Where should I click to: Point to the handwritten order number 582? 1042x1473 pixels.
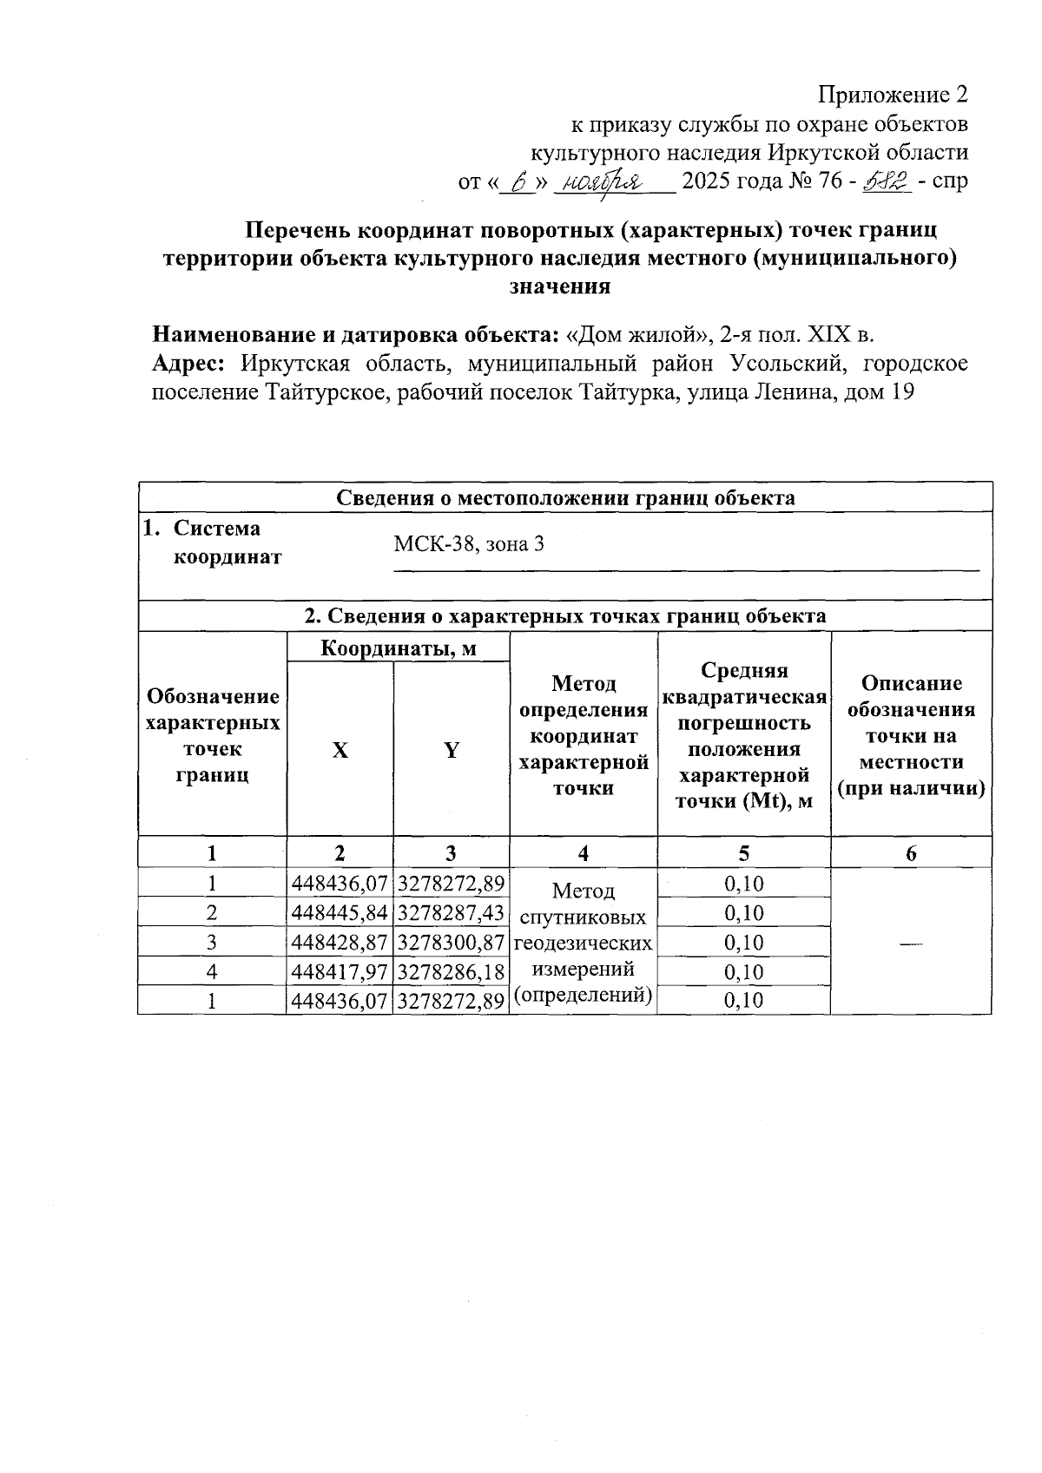pyautogui.click(x=885, y=181)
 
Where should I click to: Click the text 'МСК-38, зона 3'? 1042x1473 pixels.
pyautogui.click(x=469, y=544)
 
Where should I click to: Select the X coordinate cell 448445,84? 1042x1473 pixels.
pyautogui.click(x=340, y=913)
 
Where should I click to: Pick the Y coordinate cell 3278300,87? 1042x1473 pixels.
pyautogui.click(x=452, y=943)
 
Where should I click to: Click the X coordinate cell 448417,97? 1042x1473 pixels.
pyautogui.click(x=340, y=972)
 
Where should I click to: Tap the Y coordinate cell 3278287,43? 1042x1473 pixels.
pyautogui.click(x=452, y=913)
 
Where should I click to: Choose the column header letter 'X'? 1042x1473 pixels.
pyautogui.click(x=340, y=751)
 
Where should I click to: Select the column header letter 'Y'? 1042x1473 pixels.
pyautogui.click(x=452, y=751)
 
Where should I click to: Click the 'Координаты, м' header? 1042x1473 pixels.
pyautogui.click(x=399, y=648)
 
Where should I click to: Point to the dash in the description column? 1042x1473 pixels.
pyautogui.click(x=910, y=943)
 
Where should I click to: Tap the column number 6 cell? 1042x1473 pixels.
pyautogui.click(x=911, y=853)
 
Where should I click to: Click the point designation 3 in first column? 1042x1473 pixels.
pyautogui.click(x=212, y=943)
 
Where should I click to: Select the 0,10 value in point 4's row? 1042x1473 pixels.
pyautogui.click(x=743, y=972)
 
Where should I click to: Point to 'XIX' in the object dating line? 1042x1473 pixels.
pyautogui.click(x=831, y=335)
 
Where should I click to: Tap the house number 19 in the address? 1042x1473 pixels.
pyautogui.click(x=902, y=392)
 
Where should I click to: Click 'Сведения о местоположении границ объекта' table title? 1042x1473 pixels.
pyautogui.click(x=565, y=497)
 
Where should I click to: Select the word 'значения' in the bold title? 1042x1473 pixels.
pyautogui.click(x=560, y=286)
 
